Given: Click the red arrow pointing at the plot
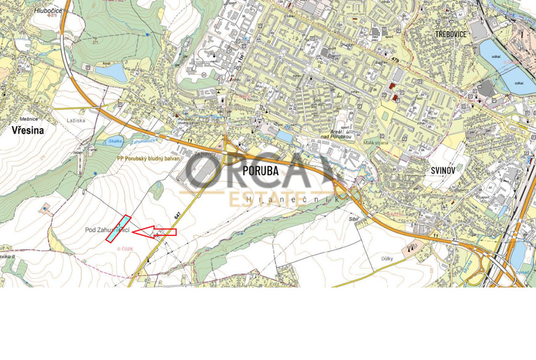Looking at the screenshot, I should click(155, 232).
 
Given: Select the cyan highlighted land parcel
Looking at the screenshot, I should click(118, 228).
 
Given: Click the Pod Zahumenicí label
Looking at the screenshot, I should click(107, 230).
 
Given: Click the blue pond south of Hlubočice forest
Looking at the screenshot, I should click(111, 73).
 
